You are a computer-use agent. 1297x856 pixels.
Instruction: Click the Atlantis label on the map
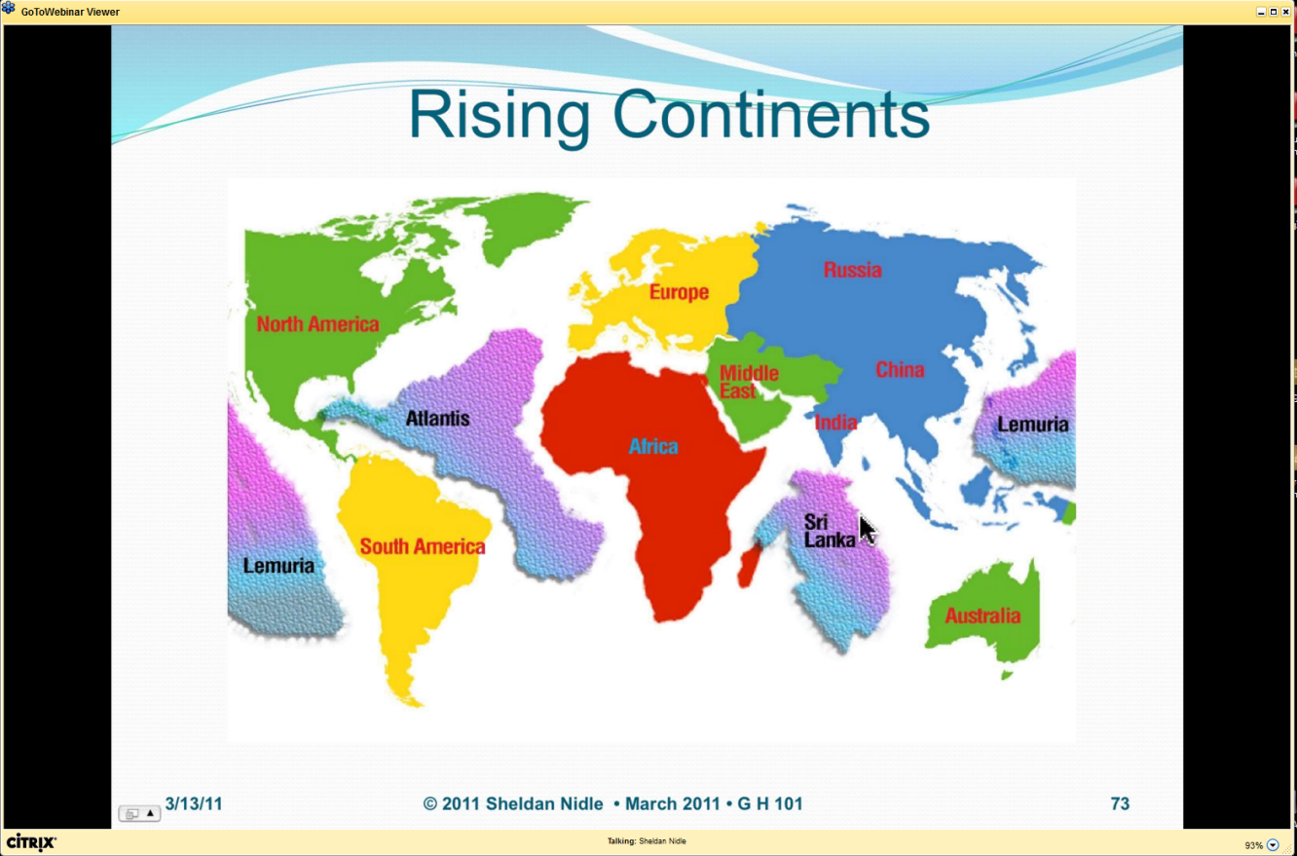click(437, 418)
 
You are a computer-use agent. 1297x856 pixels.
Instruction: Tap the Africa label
click(653, 446)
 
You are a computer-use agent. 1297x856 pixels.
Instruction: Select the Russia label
click(852, 270)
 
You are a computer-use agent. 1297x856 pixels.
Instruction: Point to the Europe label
click(679, 292)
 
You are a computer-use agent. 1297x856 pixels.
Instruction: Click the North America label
click(317, 323)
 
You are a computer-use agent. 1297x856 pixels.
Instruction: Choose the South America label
click(422, 546)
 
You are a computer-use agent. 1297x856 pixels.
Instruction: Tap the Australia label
click(982, 615)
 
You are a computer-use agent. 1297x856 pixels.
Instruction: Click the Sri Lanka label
click(830, 531)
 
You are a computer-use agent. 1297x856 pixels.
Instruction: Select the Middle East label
click(749, 382)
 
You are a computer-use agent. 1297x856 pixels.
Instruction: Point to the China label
click(900, 369)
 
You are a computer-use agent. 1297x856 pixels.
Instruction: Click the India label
click(835, 423)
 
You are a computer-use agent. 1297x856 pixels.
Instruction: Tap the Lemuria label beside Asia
click(1032, 424)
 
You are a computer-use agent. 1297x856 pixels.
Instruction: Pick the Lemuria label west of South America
click(278, 565)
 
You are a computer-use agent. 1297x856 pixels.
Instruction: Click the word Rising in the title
click(500, 115)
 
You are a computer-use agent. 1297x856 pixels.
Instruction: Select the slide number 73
click(1120, 803)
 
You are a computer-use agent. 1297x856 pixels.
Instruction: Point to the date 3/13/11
click(194, 803)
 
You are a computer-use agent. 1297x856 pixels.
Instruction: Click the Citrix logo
click(31, 842)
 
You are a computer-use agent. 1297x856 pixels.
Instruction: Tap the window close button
click(1285, 12)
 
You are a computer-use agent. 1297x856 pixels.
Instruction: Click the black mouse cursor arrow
click(867, 530)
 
